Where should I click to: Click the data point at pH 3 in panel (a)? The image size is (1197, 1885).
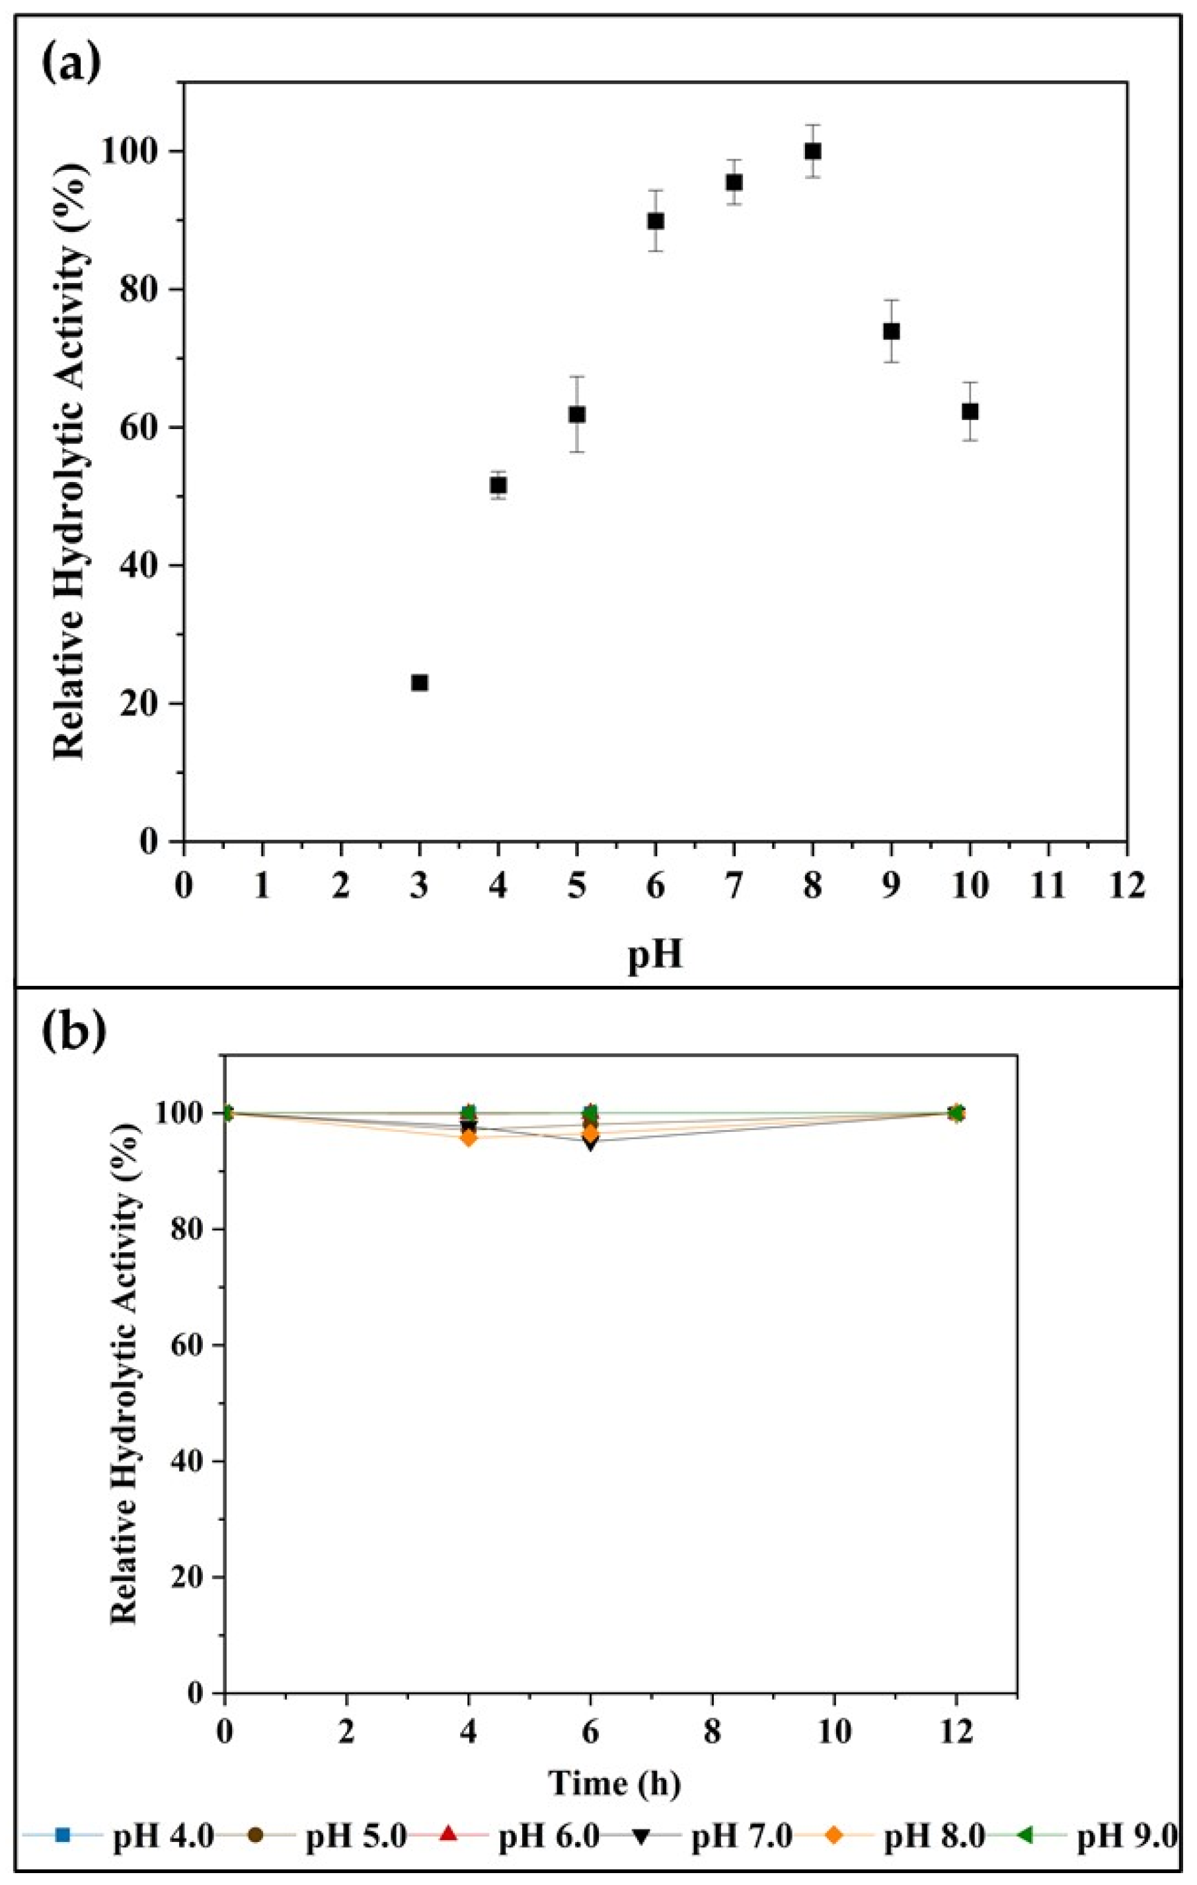pos(419,682)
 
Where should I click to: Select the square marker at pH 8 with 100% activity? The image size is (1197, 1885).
pos(813,151)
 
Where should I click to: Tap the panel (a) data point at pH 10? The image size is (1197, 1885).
pos(970,411)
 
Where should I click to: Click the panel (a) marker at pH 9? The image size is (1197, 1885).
pos(891,331)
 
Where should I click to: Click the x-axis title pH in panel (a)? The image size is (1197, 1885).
pos(655,957)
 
